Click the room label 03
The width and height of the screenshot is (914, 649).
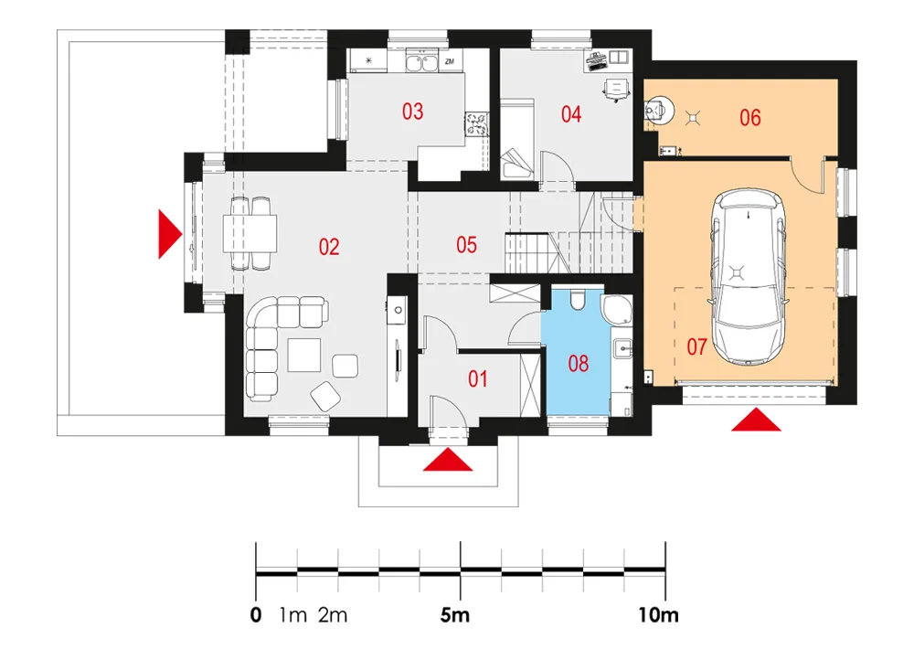pyautogui.click(x=413, y=112)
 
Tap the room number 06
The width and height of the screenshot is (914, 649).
pyautogui.click(x=750, y=117)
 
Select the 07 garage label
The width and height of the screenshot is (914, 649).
pyautogui.click(x=697, y=346)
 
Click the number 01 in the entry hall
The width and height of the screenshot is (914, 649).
pyautogui.click(x=478, y=378)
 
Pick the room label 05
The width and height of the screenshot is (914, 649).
pyautogui.click(x=466, y=244)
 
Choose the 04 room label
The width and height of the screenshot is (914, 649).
pyautogui.click(x=571, y=114)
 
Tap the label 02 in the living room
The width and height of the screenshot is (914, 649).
pyautogui.click(x=329, y=247)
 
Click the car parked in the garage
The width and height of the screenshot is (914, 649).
pyautogui.click(x=749, y=274)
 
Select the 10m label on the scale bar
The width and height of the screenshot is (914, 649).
pyautogui.click(x=659, y=615)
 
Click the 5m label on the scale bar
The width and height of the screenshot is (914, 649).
pyautogui.click(x=454, y=615)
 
